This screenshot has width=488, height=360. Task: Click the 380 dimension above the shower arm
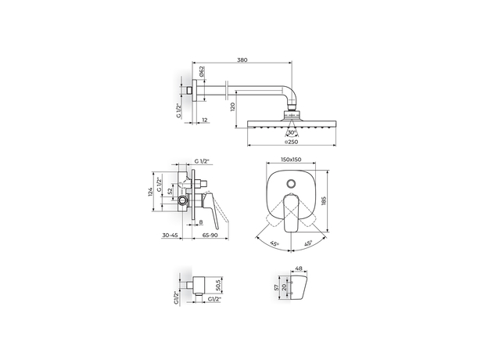click(x=242, y=59)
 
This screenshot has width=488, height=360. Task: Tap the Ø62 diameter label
click(x=201, y=71)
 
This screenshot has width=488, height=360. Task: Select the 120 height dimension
click(x=232, y=107)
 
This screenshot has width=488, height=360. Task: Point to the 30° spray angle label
click(x=291, y=133)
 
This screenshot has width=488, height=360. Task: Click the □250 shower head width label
click(x=291, y=142)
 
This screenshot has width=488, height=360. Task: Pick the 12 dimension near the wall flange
click(x=205, y=120)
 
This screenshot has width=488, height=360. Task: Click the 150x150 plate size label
click(x=291, y=160)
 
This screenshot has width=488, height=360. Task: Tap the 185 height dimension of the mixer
click(x=323, y=201)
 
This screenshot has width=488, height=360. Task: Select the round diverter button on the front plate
click(x=291, y=183)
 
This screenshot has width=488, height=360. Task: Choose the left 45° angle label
click(x=274, y=243)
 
